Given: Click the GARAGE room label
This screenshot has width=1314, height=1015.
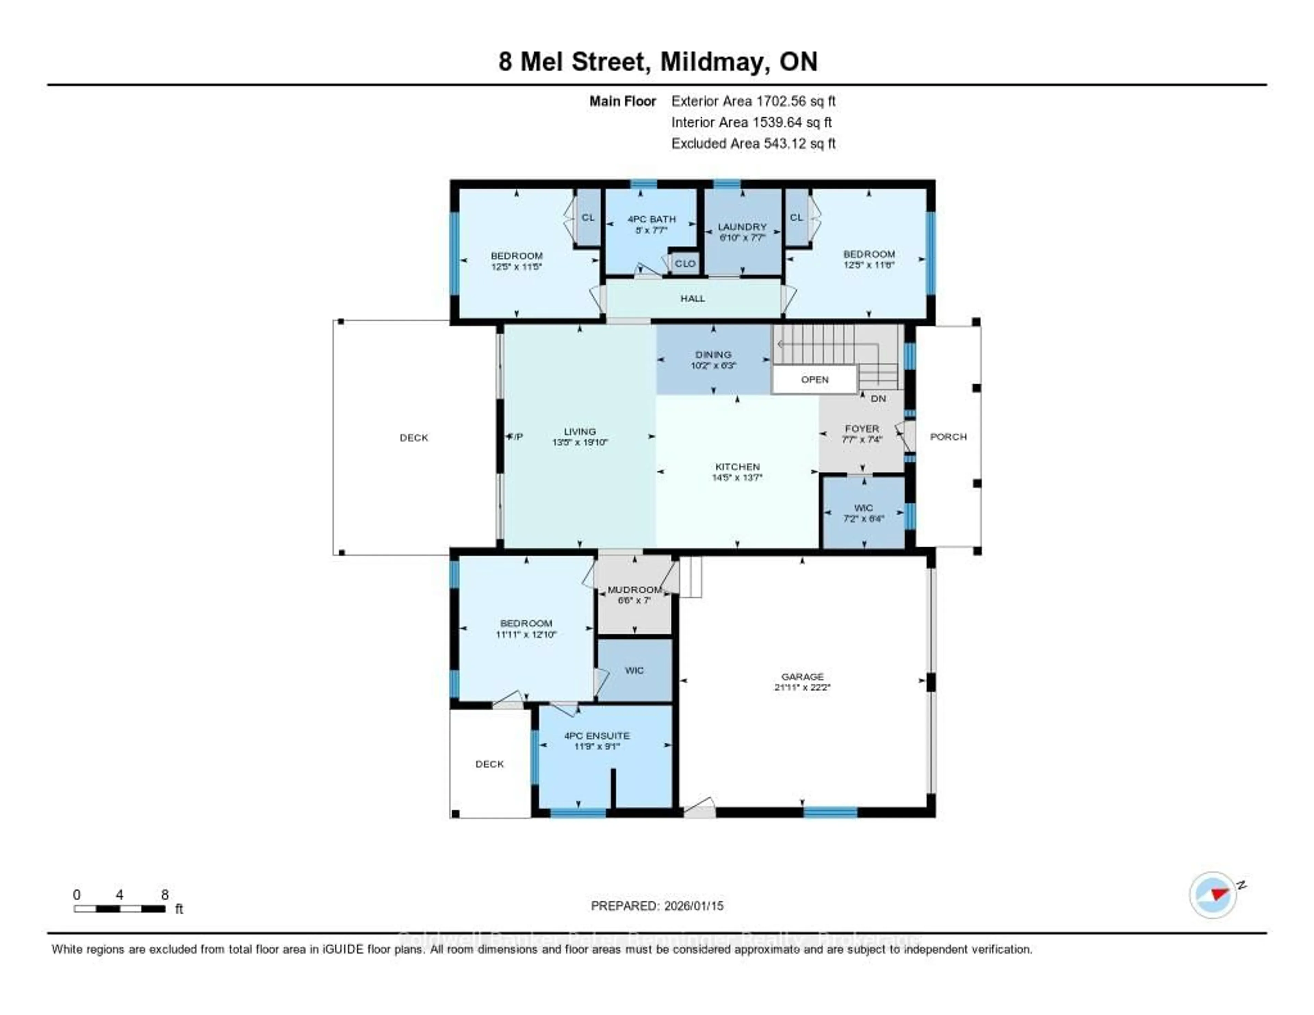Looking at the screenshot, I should click(x=802, y=676).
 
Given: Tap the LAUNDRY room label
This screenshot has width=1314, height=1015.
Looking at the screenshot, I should click(x=742, y=227).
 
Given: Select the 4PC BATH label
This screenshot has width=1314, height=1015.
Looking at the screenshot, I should click(x=652, y=219).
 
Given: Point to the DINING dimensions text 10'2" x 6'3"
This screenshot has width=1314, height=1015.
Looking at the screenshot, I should click(x=713, y=365).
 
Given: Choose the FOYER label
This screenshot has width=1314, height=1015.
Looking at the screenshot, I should click(x=862, y=428).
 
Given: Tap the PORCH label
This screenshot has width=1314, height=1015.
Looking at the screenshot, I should click(x=948, y=436).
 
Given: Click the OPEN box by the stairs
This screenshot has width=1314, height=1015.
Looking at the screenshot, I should click(x=815, y=380).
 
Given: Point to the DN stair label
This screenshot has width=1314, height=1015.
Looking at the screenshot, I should click(x=878, y=398).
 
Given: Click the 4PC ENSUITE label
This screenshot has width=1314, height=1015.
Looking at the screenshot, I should click(x=597, y=735).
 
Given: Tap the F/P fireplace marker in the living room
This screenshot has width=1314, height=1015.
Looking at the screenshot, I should click(x=516, y=436).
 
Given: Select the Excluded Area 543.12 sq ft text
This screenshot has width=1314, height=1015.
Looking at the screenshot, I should click(x=753, y=143).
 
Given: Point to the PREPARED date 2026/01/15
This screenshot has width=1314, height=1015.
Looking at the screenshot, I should click(x=693, y=905).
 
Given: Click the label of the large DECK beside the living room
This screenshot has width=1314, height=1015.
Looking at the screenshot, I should click(x=414, y=437).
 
